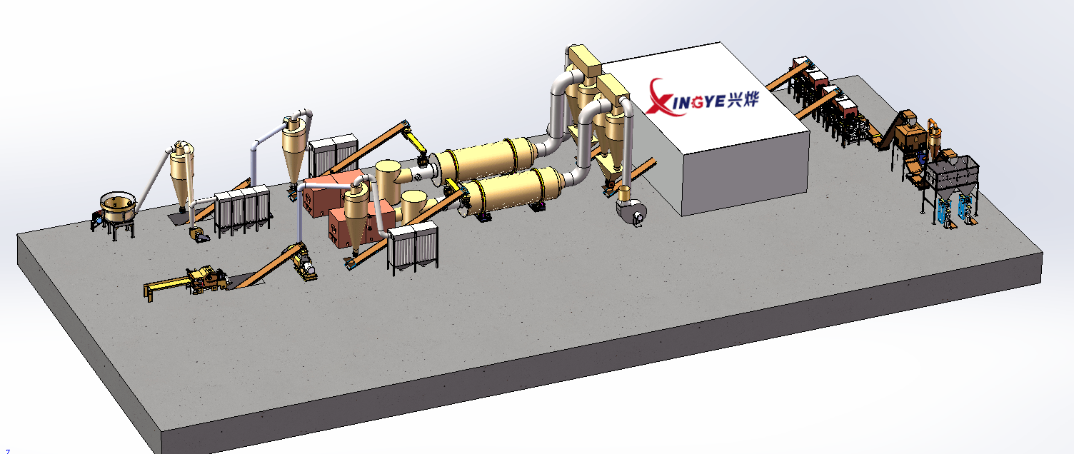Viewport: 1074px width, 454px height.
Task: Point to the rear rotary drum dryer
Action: (486, 158)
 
